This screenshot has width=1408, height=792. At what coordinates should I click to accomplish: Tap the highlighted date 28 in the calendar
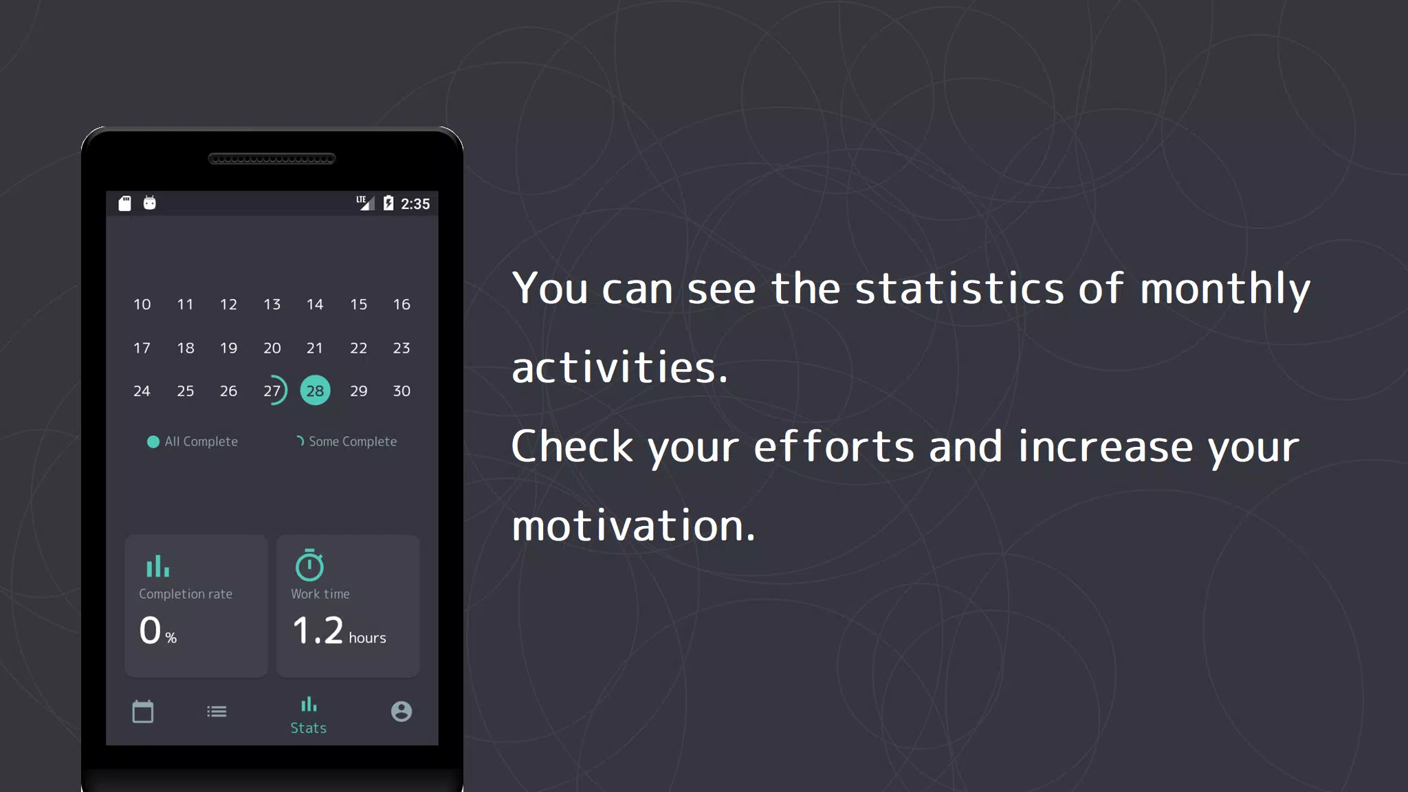point(315,390)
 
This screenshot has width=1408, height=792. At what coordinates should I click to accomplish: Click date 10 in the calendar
point(142,304)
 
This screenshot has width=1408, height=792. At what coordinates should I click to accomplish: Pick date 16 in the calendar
point(401,304)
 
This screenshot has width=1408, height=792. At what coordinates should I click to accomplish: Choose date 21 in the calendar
point(315,348)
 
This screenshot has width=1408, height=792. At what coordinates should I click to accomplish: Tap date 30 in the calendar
point(401,390)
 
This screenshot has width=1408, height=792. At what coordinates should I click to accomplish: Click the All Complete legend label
point(201,441)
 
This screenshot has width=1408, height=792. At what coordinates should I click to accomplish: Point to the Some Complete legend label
point(353,441)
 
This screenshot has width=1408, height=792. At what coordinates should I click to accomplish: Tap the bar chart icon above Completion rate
point(157,566)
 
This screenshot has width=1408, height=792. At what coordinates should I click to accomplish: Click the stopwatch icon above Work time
point(309,565)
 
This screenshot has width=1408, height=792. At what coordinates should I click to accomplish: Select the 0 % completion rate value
point(158,630)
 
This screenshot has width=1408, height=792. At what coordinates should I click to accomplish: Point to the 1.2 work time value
point(318,630)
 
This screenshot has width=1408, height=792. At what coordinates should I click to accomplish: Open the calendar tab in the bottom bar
point(143,712)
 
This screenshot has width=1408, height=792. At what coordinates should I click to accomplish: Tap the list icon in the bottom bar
point(217,712)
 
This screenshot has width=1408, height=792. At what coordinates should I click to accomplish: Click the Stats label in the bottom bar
point(308,728)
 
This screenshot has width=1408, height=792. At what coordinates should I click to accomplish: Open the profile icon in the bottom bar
point(401,712)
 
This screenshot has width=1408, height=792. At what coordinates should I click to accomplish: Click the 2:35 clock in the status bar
point(415,203)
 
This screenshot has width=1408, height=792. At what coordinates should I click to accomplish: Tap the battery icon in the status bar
point(388,203)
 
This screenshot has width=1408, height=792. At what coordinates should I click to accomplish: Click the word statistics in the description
point(960,288)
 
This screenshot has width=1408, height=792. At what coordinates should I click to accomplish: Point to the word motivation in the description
point(633,526)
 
